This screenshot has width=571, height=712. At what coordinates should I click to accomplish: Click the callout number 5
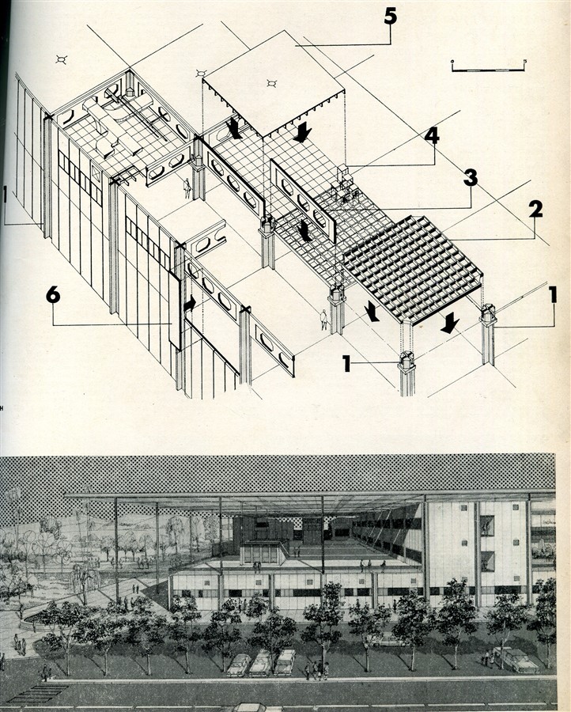[x=391, y=17]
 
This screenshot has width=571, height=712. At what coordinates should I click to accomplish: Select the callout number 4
[x=432, y=135]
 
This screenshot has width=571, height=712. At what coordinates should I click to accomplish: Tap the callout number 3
[x=471, y=178]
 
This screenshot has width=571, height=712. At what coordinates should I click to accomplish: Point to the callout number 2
[x=535, y=210]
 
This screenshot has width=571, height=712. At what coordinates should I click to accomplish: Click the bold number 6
[x=53, y=296]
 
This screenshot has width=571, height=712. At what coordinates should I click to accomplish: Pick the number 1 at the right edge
[x=553, y=295]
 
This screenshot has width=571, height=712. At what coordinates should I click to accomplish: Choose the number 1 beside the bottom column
[x=347, y=363]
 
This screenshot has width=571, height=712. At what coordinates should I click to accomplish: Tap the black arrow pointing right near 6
[x=190, y=304]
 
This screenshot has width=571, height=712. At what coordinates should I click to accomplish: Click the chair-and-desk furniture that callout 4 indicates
[x=346, y=185]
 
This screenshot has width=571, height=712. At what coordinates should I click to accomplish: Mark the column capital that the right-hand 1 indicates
[x=488, y=313]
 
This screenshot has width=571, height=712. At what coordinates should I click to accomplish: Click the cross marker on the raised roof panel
[x=271, y=84]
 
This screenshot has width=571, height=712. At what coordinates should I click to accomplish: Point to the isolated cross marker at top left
[x=61, y=59]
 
